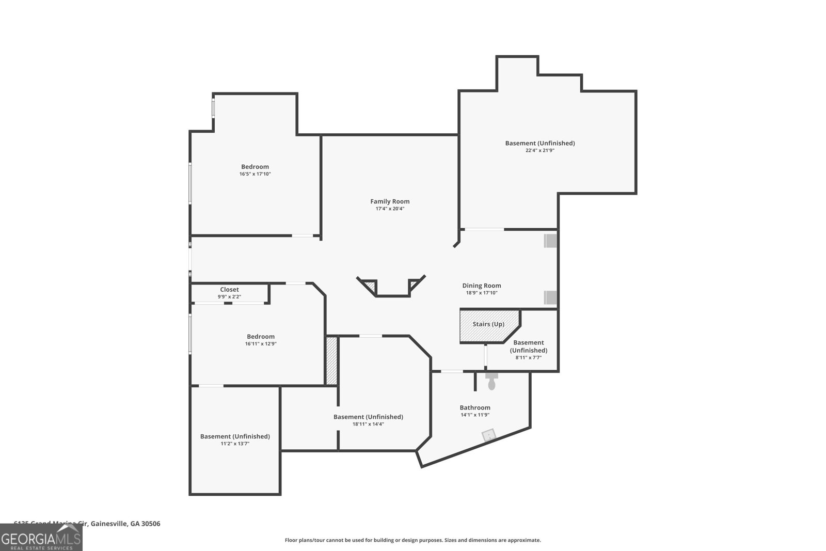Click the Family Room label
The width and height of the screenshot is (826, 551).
point(390,201)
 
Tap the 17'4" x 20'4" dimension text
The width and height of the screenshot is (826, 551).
point(390,209)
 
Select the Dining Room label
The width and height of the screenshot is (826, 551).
point(481,285)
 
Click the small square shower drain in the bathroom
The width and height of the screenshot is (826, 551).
point(488,435)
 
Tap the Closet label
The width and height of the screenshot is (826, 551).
point(229,289)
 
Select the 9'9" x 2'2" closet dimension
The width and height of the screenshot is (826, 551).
point(229,296)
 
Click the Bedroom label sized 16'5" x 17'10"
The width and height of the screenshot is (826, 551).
point(255,166)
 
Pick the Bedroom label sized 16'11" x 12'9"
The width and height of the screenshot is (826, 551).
point(261,336)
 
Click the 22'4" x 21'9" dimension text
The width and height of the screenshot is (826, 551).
point(539,150)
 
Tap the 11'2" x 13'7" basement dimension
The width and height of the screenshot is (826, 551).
point(235,444)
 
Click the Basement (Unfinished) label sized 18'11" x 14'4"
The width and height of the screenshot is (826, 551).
point(368,417)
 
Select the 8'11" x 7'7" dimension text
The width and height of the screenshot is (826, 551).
point(528,357)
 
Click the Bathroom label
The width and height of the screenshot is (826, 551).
point(475,407)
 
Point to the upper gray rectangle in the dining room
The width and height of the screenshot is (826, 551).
point(550,241)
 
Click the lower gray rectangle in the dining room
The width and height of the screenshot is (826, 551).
point(550,297)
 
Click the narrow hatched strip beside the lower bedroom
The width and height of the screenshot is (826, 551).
point(331,360)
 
